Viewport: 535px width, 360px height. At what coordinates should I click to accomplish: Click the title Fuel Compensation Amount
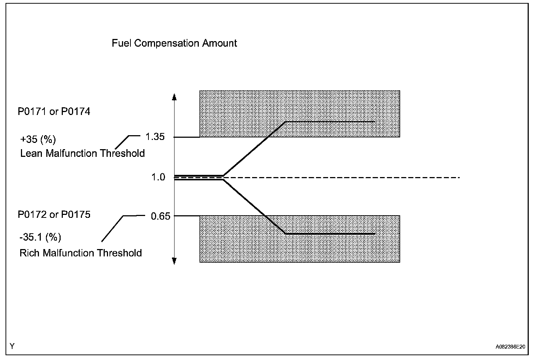[x=174, y=43]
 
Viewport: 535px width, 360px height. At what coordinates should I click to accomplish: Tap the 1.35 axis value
[x=155, y=137]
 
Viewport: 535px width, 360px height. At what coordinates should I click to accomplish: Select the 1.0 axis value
[x=158, y=177]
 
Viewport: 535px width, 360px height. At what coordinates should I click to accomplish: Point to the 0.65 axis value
[x=161, y=216]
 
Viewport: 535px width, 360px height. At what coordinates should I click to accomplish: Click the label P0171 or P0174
[x=54, y=111]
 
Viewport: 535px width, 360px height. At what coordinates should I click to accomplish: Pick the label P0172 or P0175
[x=54, y=215]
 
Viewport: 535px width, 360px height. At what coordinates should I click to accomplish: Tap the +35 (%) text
[x=38, y=140]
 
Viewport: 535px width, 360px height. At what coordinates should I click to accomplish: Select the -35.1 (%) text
[x=40, y=237]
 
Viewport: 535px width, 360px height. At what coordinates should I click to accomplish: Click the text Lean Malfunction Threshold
[x=82, y=153]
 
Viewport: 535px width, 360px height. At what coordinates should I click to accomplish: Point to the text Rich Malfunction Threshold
[x=80, y=253]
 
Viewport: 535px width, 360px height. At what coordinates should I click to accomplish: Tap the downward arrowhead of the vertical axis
[x=175, y=261]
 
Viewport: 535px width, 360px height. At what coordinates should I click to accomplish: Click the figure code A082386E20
[x=510, y=347]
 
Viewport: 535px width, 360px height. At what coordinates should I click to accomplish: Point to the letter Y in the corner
[x=12, y=346]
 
